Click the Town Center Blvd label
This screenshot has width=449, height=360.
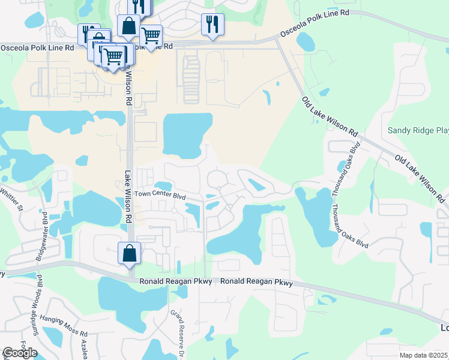(160, 194)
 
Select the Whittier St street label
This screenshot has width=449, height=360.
(11, 201)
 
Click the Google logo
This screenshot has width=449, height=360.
(19, 353)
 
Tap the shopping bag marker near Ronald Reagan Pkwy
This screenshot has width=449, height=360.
(130, 254)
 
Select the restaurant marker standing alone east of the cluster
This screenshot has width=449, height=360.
(212, 25)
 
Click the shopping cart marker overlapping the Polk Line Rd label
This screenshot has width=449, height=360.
(151, 36)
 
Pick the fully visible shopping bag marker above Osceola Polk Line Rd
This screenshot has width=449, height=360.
(128, 26)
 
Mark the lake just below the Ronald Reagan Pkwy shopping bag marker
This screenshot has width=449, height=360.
(120, 300)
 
